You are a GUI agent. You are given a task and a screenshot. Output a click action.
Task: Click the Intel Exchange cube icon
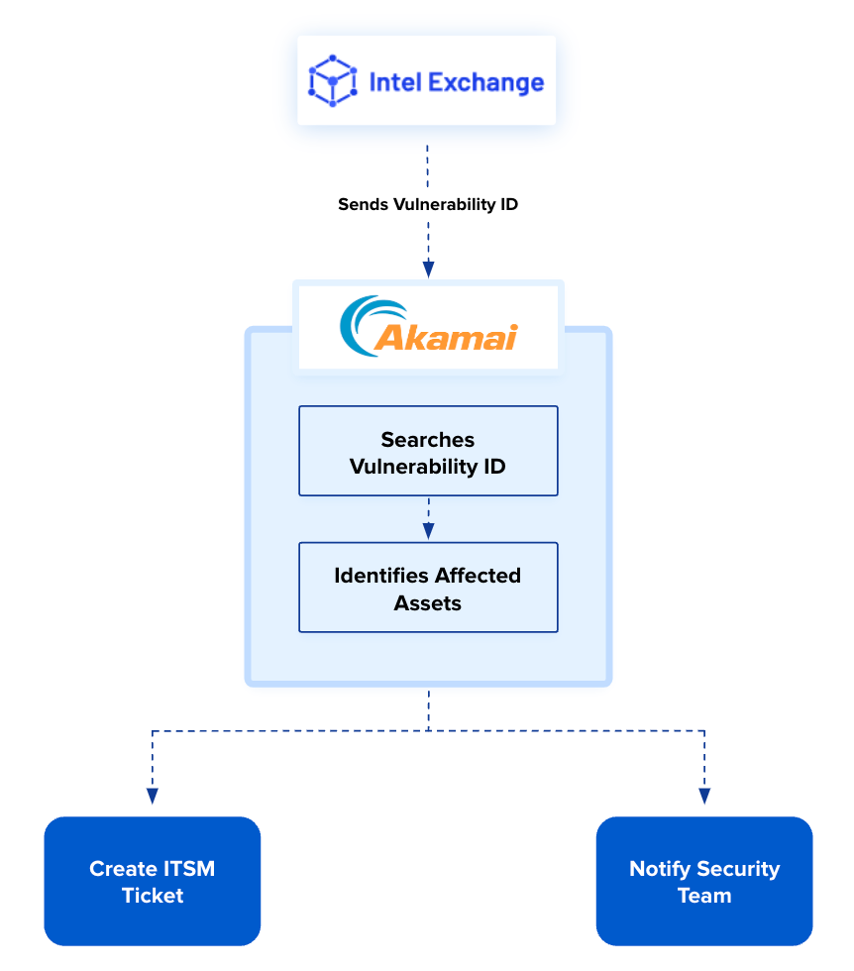332,81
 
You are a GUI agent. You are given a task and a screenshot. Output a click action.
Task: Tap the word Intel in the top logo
392,82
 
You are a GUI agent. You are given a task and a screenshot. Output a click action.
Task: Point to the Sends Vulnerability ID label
428,205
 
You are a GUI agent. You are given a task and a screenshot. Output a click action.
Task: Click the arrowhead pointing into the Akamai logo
428,269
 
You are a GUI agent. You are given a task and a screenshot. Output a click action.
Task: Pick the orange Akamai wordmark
446,338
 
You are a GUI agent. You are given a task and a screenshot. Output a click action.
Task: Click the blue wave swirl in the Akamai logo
362,325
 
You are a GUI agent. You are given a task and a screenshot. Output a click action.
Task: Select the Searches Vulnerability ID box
428,451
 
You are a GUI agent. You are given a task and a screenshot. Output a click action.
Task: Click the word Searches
428,439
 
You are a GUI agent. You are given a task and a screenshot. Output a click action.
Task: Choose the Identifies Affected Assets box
428,588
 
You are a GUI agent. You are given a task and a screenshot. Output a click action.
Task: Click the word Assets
428,602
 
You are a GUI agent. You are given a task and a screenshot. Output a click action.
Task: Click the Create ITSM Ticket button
153,882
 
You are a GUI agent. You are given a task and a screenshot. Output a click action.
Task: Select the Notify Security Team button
704,882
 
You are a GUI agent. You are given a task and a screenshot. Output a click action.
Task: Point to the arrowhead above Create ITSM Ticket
153,795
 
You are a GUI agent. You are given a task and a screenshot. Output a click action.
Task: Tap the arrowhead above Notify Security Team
704,795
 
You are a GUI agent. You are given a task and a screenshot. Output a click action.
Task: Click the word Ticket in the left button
153,896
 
